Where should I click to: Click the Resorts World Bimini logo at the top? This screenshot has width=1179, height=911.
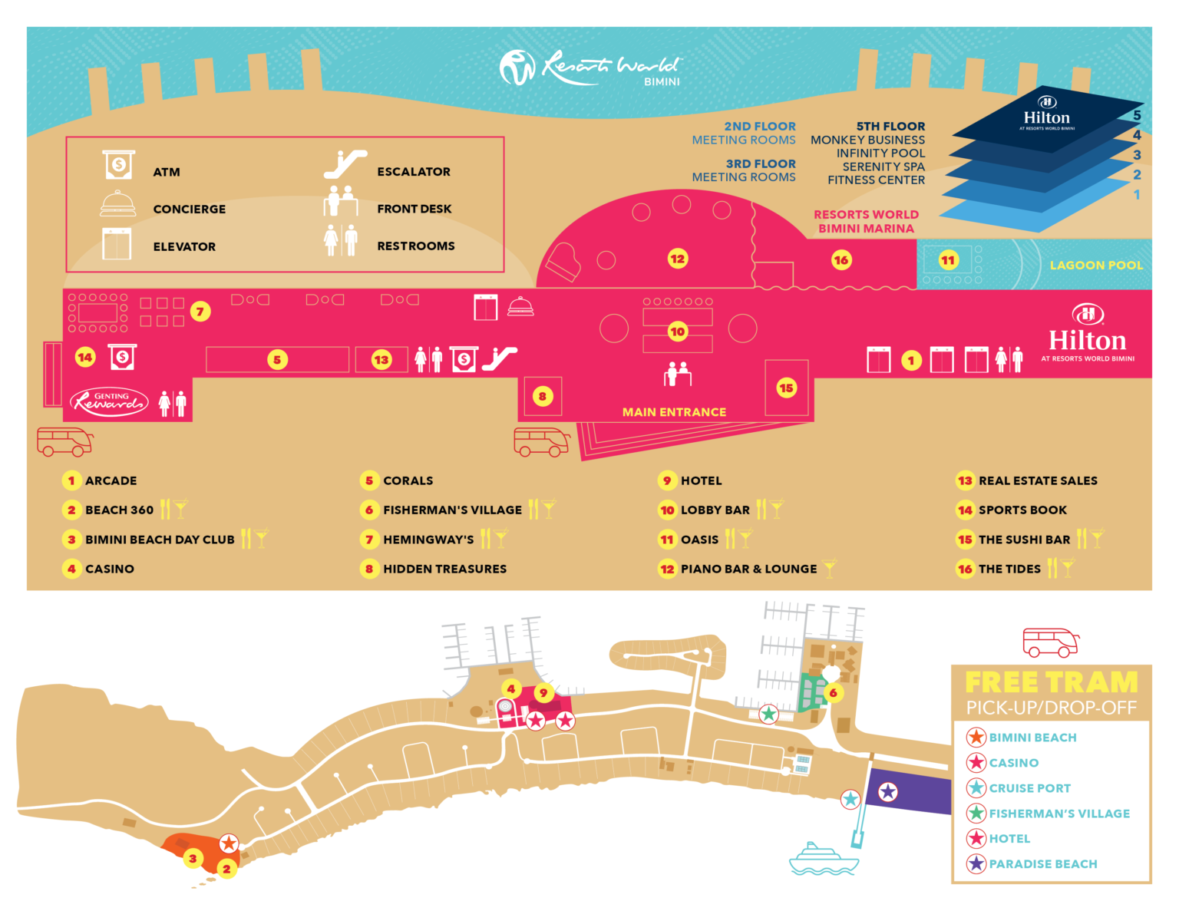coord(589,68)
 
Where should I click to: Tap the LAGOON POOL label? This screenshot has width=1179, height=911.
coord(1095,266)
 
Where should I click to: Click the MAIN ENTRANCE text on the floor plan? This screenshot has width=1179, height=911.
coord(674,412)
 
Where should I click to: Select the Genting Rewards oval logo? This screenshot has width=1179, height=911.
coord(109,401)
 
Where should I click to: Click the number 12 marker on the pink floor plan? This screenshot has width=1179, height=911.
coord(677,259)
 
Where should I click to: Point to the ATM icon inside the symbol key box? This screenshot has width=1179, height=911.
coord(119,165)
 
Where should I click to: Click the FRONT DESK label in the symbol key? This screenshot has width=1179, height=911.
coord(414,209)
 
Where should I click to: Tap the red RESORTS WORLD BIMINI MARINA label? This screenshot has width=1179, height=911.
coord(866,222)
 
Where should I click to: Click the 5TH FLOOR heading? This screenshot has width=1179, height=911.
coord(890,127)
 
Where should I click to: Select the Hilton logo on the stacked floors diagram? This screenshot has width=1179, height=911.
coord(1046,115)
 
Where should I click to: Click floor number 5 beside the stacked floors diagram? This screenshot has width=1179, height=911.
coord(1137,116)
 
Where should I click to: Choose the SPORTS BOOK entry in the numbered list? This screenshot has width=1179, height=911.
coord(1022,510)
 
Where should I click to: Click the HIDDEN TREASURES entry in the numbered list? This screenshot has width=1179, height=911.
coord(444,569)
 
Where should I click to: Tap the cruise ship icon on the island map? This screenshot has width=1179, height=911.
coord(823,860)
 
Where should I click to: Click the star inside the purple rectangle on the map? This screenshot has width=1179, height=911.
coord(888,792)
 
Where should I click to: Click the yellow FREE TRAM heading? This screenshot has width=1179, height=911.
coord(1051,682)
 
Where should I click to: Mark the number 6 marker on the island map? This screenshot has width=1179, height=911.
coord(833,693)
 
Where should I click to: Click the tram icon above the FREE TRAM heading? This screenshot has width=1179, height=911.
coord(1051,642)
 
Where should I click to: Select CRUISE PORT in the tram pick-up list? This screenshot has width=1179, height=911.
coord(1029,788)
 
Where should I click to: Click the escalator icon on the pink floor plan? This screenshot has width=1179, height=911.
coord(500,358)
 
